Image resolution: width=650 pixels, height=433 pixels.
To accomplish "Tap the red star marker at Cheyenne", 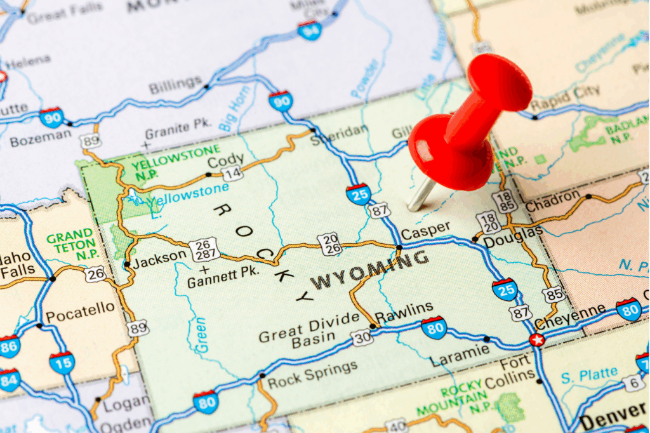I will pos(536,340).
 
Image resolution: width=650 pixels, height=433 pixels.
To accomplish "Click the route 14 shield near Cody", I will pos(232,173).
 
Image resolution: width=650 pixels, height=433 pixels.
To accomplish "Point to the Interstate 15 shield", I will pos(62,363).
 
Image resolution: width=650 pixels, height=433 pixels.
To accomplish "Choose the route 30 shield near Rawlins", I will pos(362,338).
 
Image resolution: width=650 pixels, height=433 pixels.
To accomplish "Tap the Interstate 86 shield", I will pos(9,346).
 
